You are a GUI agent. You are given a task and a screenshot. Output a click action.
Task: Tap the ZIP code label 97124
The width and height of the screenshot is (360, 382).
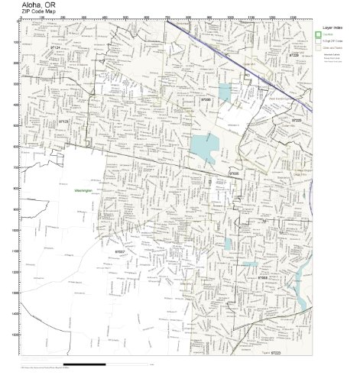coord(54,47)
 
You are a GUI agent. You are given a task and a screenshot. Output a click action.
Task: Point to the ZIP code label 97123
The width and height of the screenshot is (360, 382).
coord(63,121)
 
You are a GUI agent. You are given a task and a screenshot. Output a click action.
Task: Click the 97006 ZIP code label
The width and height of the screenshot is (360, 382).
coord(205,99)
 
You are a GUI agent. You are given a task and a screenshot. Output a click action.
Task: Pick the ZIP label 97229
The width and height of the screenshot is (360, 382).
coord(294,55)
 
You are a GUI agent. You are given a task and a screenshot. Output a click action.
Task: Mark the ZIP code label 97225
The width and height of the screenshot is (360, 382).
coord(297,121)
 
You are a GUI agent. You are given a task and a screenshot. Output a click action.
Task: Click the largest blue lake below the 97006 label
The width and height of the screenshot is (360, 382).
coord(203,146)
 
